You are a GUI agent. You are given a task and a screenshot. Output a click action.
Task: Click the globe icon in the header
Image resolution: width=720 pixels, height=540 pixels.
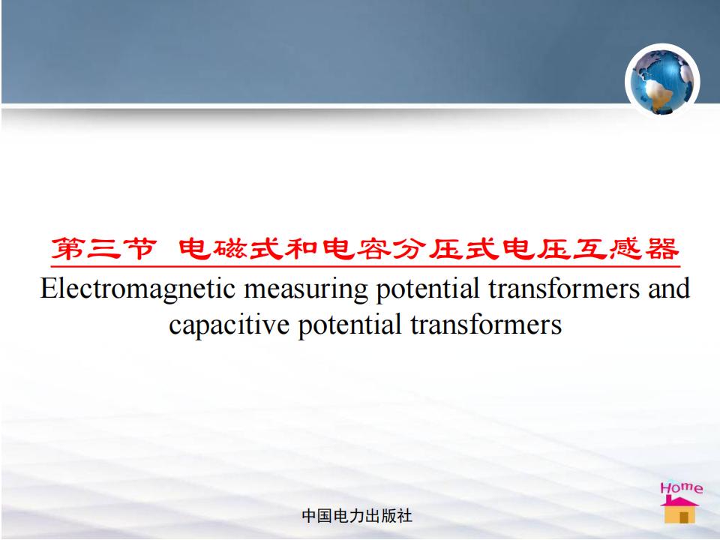(662, 81)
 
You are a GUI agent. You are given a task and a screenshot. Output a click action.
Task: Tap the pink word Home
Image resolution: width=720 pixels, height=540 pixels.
(682, 487)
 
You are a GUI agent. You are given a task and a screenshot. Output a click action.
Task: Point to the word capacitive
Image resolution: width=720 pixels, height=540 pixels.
(229, 325)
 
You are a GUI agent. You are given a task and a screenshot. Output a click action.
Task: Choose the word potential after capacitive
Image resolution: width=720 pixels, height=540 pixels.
(350, 325)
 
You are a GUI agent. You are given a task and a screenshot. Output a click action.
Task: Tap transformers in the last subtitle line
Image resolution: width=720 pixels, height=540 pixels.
(486, 325)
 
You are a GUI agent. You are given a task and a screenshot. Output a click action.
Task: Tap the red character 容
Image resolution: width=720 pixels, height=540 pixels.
(375, 249)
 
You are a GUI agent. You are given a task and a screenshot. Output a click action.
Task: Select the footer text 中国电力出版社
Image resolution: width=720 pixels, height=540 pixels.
(357, 516)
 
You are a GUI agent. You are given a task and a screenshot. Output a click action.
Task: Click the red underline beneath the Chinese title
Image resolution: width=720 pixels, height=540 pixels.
(365, 266)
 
